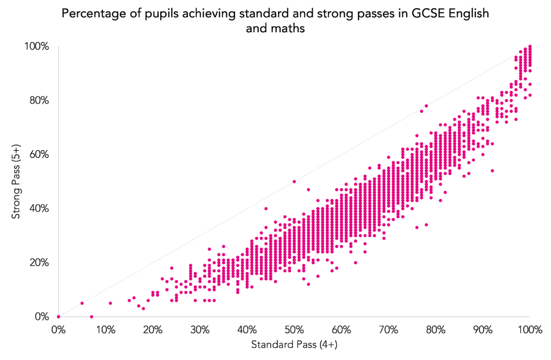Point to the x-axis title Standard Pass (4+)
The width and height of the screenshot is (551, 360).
pos(294,343)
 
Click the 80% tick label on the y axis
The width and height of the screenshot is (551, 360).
pos(39,101)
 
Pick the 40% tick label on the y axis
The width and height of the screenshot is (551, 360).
pos(39,209)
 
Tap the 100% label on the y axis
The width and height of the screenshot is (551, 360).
pos(37,47)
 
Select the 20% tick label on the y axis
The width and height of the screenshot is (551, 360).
pos(39,263)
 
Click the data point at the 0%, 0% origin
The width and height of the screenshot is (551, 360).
pos(58,316)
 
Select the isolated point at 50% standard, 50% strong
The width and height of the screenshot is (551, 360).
pos(294,181)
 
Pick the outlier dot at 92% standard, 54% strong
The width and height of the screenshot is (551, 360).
pos(492,171)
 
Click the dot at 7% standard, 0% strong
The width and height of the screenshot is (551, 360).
pos(91,316)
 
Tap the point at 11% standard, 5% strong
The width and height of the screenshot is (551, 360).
pos(110,303)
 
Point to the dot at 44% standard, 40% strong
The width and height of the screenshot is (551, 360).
pos(266,208)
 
